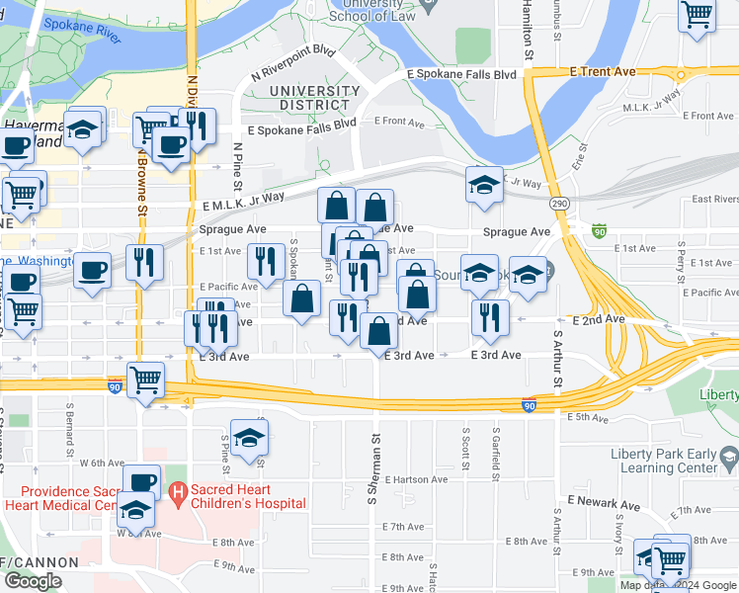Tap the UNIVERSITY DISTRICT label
tap(314, 98)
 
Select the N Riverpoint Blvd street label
tap(293, 61)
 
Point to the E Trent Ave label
tap(602, 72)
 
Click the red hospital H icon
tap(178, 491)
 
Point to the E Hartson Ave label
tap(408, 479)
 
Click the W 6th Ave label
tap(102, 463)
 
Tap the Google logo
tap(33, 581)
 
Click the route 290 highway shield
tap(560, 203)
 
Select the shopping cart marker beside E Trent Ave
tap(698, 15)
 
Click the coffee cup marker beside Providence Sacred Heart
tap(143, 482)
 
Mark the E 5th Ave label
tap(587, 417)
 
